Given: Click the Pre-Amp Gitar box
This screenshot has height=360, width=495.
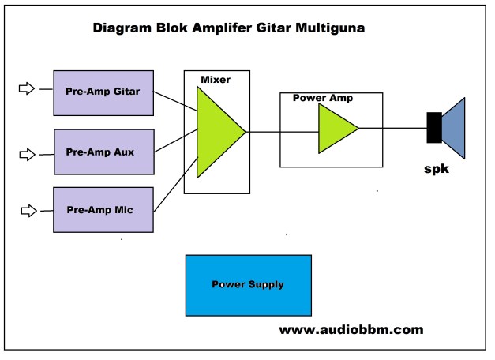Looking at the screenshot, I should pos(102,92).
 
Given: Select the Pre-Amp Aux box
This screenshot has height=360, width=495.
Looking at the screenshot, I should pos(102,151).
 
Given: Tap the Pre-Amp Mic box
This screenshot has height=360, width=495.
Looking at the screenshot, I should pos(102,209).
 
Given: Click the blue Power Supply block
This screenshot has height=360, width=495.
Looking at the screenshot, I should pos(248,284).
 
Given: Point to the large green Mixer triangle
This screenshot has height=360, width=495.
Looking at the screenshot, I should pos(217,132).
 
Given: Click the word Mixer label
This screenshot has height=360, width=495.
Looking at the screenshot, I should pos(216,80).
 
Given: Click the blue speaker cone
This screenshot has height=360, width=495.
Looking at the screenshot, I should pos(456,128).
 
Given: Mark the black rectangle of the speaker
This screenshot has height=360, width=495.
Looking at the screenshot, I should pos(433,128).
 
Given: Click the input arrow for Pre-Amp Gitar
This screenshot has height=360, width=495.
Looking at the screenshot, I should pos(27,89).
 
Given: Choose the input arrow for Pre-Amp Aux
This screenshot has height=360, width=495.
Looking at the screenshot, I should pos(27,150).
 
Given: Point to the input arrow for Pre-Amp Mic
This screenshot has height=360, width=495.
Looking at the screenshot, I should pos(28,210).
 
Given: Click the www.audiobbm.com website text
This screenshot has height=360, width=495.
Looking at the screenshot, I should pos(351,330).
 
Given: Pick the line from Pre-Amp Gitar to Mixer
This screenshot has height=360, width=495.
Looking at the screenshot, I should pos(174,100).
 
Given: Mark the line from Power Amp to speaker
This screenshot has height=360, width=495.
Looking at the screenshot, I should pos(392,128).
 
